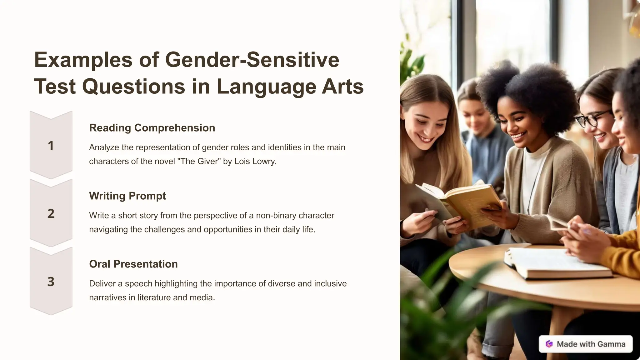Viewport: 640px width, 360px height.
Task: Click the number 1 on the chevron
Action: tap(51, 146)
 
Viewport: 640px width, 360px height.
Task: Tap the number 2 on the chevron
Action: tap(51, 214)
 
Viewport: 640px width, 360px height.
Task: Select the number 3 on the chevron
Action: tap(51, 282)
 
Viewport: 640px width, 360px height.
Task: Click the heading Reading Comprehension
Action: tap(152, 128)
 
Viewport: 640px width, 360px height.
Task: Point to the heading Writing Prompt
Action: tap(127, 196)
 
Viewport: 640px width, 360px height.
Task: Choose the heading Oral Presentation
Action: tap(133, 264)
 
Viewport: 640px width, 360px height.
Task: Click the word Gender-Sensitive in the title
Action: tap(252, 59)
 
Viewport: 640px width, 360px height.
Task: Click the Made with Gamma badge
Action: tap(585, 344)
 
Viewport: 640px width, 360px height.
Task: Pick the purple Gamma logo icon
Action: tap(549, 344)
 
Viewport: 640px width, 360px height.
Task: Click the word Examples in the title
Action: tap(83, 59)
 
